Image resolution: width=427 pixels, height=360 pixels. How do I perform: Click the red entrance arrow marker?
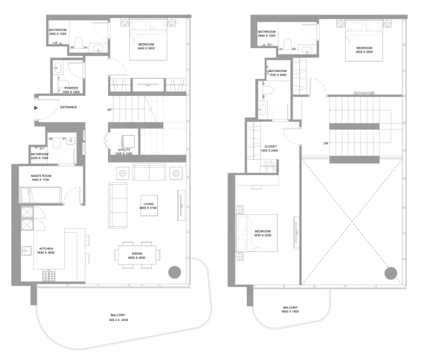(x=37, y=108)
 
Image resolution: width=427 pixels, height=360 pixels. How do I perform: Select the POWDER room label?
(x=72, y=90)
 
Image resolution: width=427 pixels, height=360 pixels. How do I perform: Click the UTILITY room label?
(x=124, y=152)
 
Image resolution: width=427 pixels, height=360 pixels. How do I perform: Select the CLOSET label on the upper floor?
(x=270, y=148)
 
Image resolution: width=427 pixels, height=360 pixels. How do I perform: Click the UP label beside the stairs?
(x=109, y=110)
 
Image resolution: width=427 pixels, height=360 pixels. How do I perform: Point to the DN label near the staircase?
(x=325, y=143)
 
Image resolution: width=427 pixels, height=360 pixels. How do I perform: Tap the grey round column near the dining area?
(x=175, y=272)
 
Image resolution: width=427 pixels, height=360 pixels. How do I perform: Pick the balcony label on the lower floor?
(x=118, y=317)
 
